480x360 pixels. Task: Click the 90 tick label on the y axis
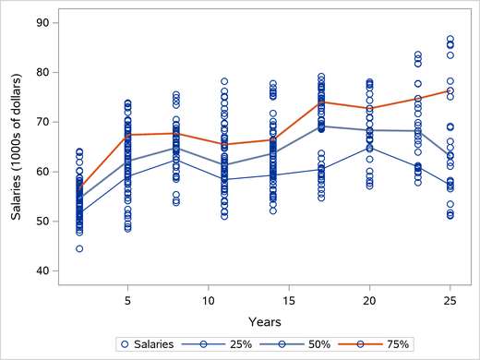(42, 22)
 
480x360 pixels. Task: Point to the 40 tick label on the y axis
(42, 271)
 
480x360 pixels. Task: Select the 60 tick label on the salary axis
(42, 172)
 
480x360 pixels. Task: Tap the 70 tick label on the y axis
(42, 122)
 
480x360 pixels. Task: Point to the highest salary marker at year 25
(450, 39)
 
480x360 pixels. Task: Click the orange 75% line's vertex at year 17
(321, 102)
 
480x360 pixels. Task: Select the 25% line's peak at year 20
(369, 148)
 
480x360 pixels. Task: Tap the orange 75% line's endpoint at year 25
(450, 90)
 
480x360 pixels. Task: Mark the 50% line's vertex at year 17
(321, 126)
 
